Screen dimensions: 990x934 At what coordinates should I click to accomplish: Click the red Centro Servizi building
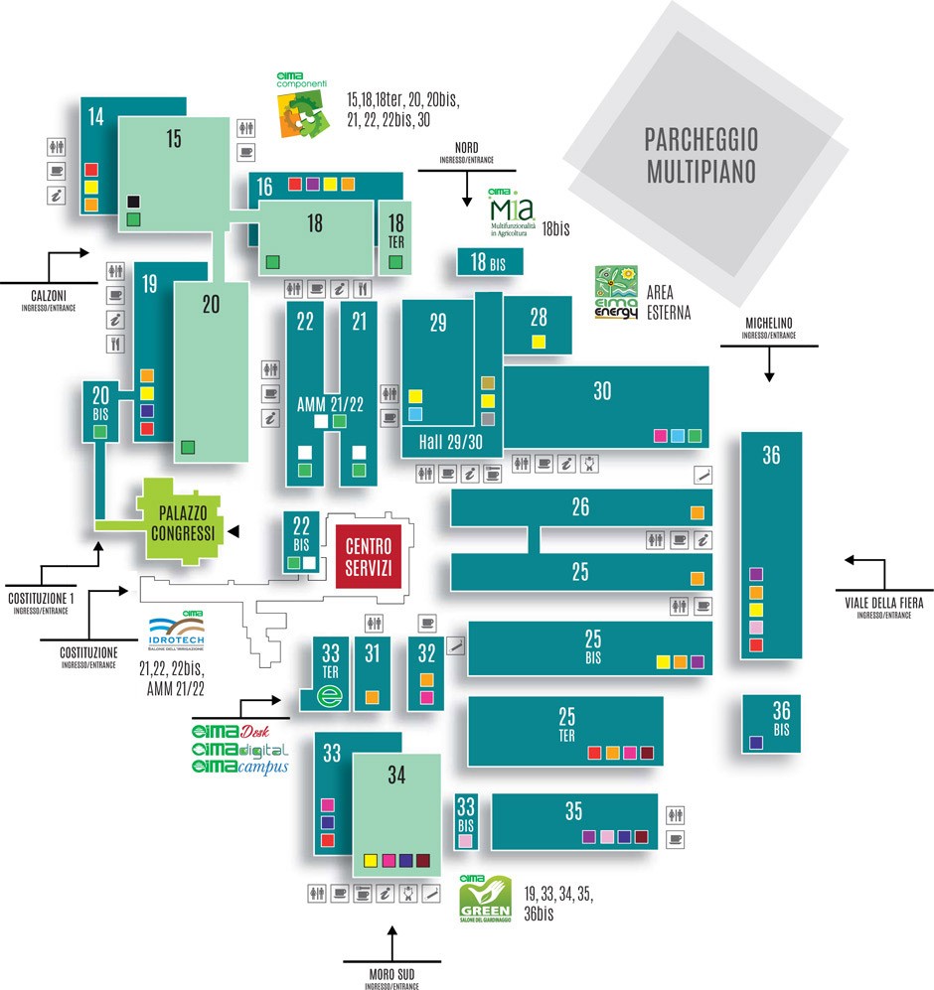(369, 556)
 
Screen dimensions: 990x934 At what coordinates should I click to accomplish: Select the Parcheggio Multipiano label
(701, 154)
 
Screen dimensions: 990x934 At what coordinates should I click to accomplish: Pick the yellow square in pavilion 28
(539, 342)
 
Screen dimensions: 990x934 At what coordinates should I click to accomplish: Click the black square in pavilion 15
(133, 202)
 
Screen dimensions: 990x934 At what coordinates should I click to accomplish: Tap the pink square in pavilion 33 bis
(465, 840)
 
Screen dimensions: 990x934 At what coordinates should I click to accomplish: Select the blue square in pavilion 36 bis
(756, 742)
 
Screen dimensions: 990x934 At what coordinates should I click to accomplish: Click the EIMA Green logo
(486, 898)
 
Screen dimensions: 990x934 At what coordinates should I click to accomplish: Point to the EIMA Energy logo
(616, 292)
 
